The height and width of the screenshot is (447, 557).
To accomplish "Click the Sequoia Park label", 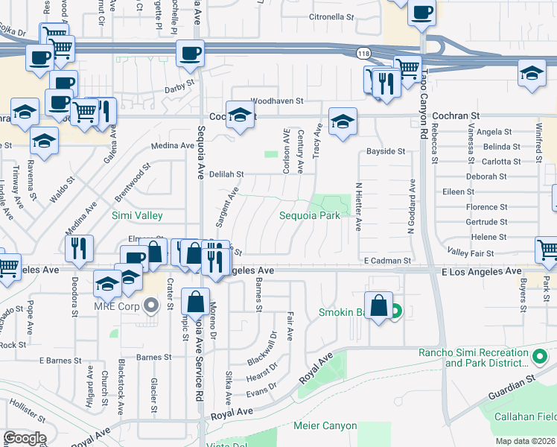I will click(309, 215).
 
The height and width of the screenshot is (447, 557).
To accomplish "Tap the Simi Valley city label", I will click(137, 215).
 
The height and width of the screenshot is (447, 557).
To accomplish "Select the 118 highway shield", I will click(363, 54).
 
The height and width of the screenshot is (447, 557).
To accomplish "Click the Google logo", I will click(25, 438).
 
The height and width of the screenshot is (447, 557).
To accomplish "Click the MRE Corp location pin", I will click(153, 305).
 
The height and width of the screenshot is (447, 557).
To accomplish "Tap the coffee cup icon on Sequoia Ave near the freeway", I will click(190, 53).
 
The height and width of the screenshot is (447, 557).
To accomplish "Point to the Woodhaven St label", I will click(276, 100).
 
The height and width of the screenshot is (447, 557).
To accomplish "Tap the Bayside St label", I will click(386, 151).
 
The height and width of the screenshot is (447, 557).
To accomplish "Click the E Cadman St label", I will click(388, 261).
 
